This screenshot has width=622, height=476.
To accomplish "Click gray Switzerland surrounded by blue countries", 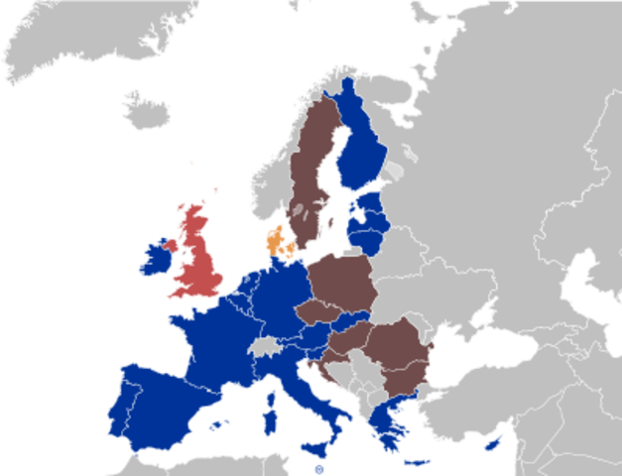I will [x=263, y=346].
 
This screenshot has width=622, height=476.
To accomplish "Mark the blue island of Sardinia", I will [x=270, y=412].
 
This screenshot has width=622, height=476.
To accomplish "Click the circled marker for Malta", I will [x=317, y=469].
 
